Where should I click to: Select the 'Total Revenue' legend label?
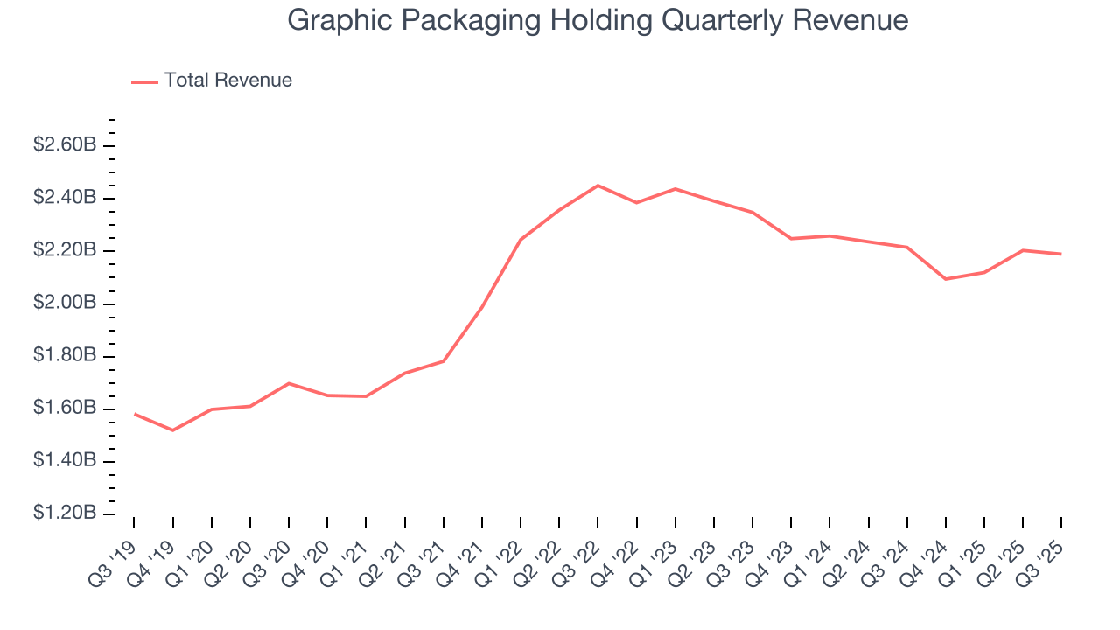(227, 80)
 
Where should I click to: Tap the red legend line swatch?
(144, 81)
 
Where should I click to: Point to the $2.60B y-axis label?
(65, 145)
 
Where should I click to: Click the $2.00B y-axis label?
(65, 303)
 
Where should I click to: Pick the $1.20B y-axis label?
(65, 513)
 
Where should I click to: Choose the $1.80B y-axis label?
(65, 355)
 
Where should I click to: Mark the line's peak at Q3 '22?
(598, 185)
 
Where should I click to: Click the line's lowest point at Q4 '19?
(172, 430)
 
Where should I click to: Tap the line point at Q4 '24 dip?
(946, 279)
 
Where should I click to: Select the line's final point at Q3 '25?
(1061, 254)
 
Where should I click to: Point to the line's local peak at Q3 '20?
(289, 383)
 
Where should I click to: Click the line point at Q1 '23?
(675, 189)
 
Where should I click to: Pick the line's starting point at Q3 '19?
(134, 414)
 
